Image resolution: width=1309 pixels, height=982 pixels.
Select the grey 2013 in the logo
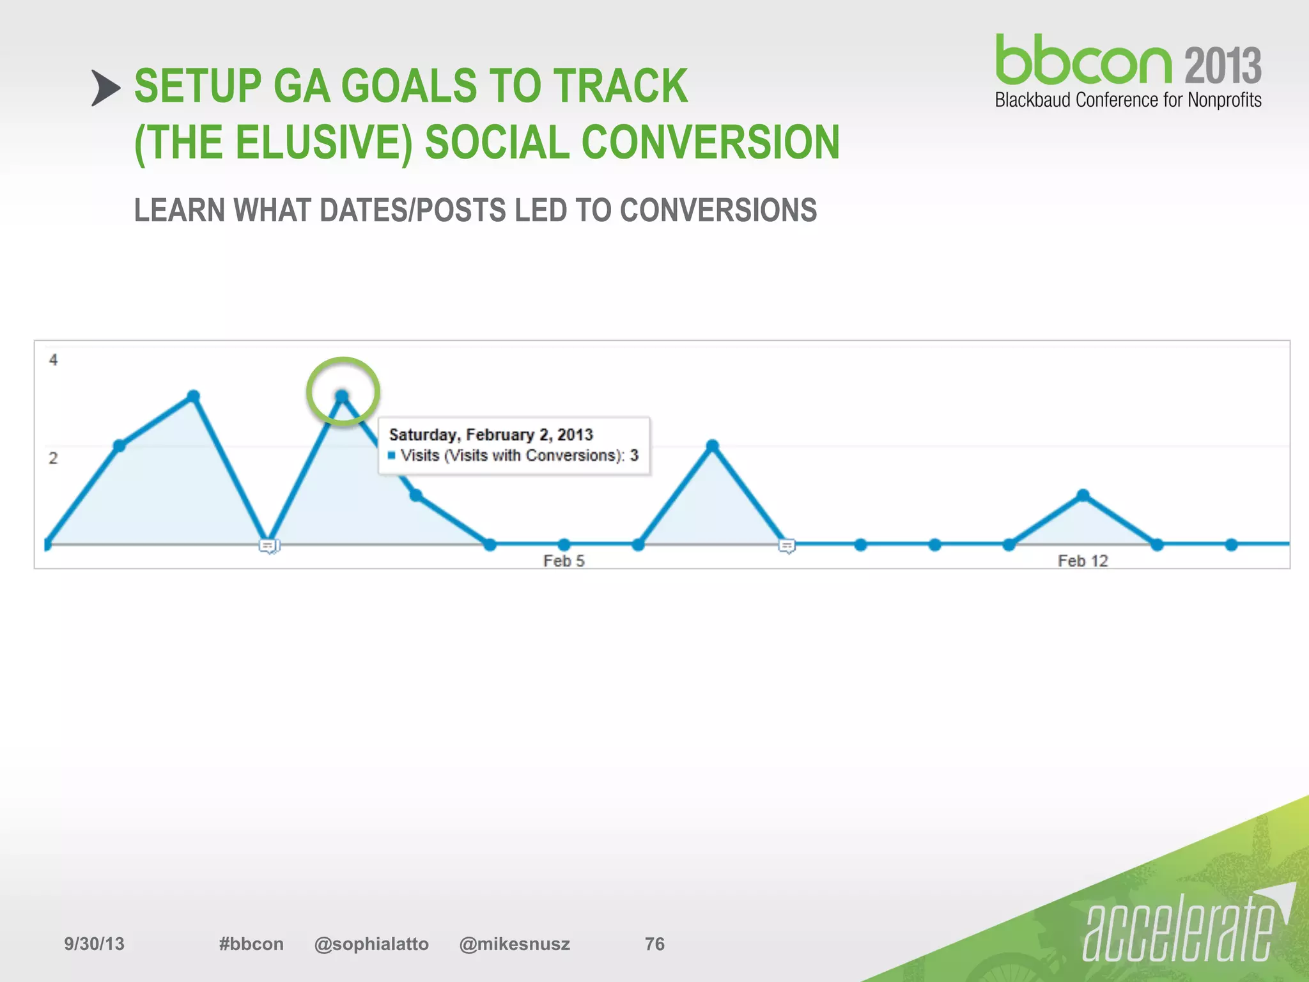point(1223,65)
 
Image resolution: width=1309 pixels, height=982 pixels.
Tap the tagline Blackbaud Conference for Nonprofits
point(1128,100)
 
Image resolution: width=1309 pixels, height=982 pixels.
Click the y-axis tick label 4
point(53,360)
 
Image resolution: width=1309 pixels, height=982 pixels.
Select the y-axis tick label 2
point(53,458)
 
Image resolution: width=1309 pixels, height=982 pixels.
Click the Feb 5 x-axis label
point(564,561)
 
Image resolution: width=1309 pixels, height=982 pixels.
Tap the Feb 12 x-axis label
point(1083,561)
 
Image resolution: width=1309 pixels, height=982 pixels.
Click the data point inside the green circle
point(342,396)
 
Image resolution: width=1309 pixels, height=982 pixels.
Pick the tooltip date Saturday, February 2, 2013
point(491,435)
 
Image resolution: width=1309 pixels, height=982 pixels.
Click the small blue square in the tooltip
point(392,456)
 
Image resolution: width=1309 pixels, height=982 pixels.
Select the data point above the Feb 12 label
point(1083,495)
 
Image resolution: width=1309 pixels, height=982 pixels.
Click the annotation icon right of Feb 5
point(787,546)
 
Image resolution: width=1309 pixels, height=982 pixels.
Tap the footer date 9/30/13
point(94,944)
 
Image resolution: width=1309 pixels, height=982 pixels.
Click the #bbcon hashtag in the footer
point(251,944)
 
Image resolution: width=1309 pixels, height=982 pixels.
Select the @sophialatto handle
point(371,944)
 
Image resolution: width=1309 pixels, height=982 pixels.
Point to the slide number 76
point(654,944)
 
